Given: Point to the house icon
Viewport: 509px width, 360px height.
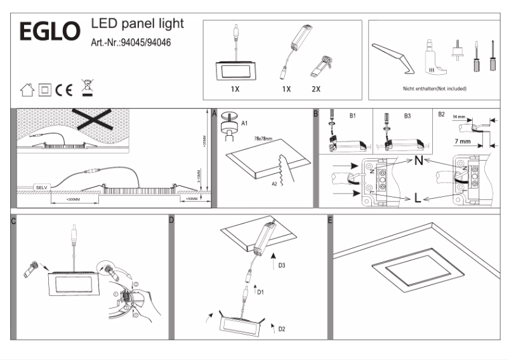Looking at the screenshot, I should (x=27, y=90).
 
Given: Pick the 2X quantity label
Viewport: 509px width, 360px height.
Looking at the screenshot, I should (x=316, y=89).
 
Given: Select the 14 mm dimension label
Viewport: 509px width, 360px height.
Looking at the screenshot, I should (x=460, y=117).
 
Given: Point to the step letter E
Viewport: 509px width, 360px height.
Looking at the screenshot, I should (x=330, y=220).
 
